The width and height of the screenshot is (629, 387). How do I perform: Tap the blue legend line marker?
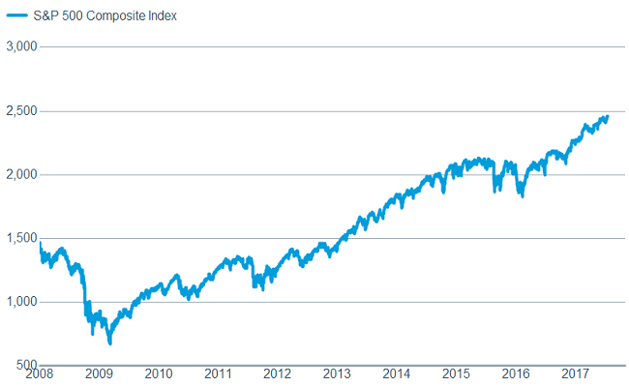[17, 16]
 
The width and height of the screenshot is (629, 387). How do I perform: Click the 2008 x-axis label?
[40, 373]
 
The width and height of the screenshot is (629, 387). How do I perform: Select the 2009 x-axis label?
[100, 373]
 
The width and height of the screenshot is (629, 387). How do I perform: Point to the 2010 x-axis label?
[159, 373]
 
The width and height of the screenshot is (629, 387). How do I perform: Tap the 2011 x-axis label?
[219, 373]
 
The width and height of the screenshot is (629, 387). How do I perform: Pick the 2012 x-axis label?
[278, 373]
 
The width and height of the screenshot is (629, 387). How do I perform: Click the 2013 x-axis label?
[338, 373]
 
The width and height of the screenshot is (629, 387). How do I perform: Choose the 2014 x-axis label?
[397, 373]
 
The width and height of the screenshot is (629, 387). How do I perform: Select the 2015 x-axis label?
[457, 373]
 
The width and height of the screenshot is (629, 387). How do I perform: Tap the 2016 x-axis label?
[516, 373]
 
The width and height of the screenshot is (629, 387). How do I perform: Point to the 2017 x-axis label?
[576, 373]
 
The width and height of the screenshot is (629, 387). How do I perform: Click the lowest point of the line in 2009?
[110, 342]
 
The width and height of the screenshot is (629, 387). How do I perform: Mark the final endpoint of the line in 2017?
[608, 116]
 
